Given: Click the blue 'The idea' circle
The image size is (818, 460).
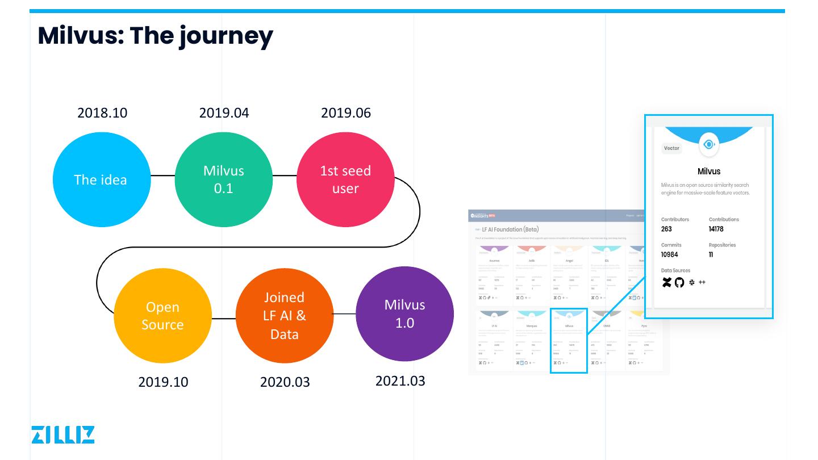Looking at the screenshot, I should pos(101,179).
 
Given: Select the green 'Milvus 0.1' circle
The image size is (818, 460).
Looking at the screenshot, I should pos(224,179).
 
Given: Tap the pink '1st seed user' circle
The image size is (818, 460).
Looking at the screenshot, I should pos(345,179).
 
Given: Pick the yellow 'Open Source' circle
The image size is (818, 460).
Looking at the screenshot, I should pos(162,316).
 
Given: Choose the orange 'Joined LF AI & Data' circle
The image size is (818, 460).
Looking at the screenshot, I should pos(285,315).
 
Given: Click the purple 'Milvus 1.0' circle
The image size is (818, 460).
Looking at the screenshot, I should pos(404,313).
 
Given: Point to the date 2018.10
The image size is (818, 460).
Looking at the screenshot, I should pos(102,113).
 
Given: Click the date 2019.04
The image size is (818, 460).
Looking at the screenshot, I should pos(224,113).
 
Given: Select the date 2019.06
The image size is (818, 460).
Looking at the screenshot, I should pos(346,113).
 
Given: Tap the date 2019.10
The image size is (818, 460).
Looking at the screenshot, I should pos(163,382).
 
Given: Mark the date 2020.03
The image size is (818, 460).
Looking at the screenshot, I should pos(285,382).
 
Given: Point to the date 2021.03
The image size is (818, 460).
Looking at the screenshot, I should pos(400,380).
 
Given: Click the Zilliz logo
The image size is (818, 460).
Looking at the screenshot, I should pos(63,434).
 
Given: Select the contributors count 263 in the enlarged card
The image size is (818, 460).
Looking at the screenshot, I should pos(666,229).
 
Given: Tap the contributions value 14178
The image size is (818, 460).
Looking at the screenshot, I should pos(716,229).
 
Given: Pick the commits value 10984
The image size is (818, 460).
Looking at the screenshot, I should pos(669,255).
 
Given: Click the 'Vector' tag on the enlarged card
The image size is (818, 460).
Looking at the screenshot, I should pos(671,148).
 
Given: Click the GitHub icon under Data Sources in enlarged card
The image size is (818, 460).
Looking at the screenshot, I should pos(679,282).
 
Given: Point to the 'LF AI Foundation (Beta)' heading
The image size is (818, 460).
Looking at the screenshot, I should pos(510,229).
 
